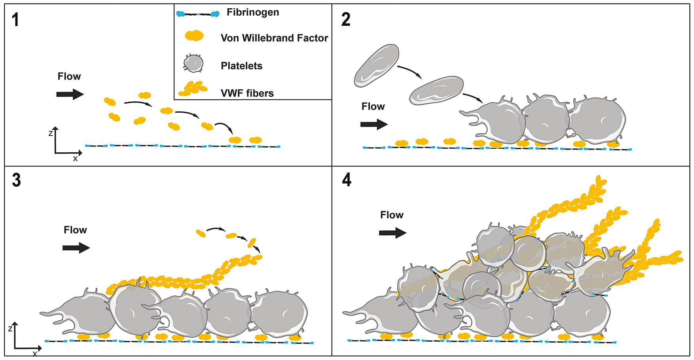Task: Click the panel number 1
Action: (x=15, y=20)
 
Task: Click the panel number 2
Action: (x=346, y=20)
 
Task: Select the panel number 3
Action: (x=16, y=180)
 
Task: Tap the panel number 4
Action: (x=347, y=180)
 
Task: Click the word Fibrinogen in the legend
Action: (x=253, y=12)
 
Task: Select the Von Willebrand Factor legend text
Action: (x=274, y=38)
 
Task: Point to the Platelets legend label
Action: (x=241, y=66)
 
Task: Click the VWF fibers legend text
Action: (x=247, y=93)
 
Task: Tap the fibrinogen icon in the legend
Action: (x=198, y=14)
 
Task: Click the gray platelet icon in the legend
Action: (x=193, y=63)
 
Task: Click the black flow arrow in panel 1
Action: (x=70, y=94)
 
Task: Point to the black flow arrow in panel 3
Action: (x=76, y=248)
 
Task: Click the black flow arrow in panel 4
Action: (x=393, y=233)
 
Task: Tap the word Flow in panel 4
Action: (x=392, y=215)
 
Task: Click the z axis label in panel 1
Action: (x=51, y=134)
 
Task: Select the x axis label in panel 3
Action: (x=35, y=353)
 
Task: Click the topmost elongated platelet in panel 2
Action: (x=377, y=65)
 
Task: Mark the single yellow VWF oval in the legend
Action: (x=194, y=36)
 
